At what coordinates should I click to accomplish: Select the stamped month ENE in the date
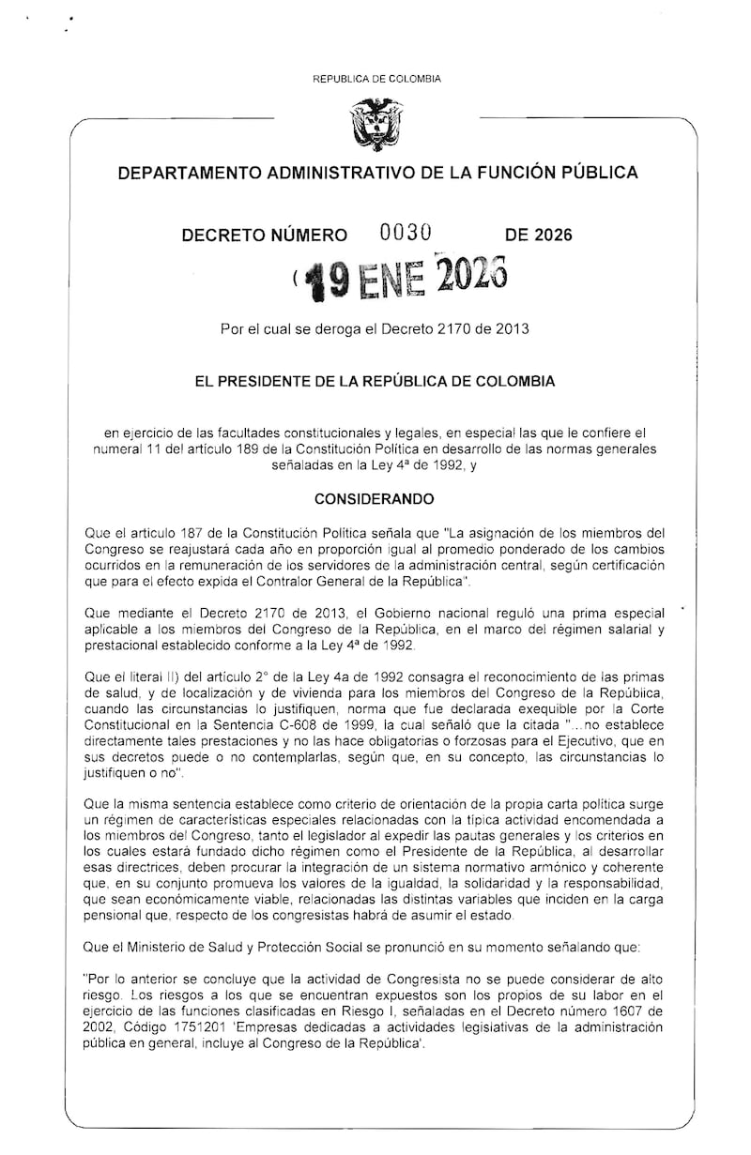[386, 279]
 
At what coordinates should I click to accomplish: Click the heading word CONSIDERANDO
[375, 498]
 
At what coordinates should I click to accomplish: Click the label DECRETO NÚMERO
[264, 236]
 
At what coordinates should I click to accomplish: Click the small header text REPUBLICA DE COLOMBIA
[375, 80]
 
